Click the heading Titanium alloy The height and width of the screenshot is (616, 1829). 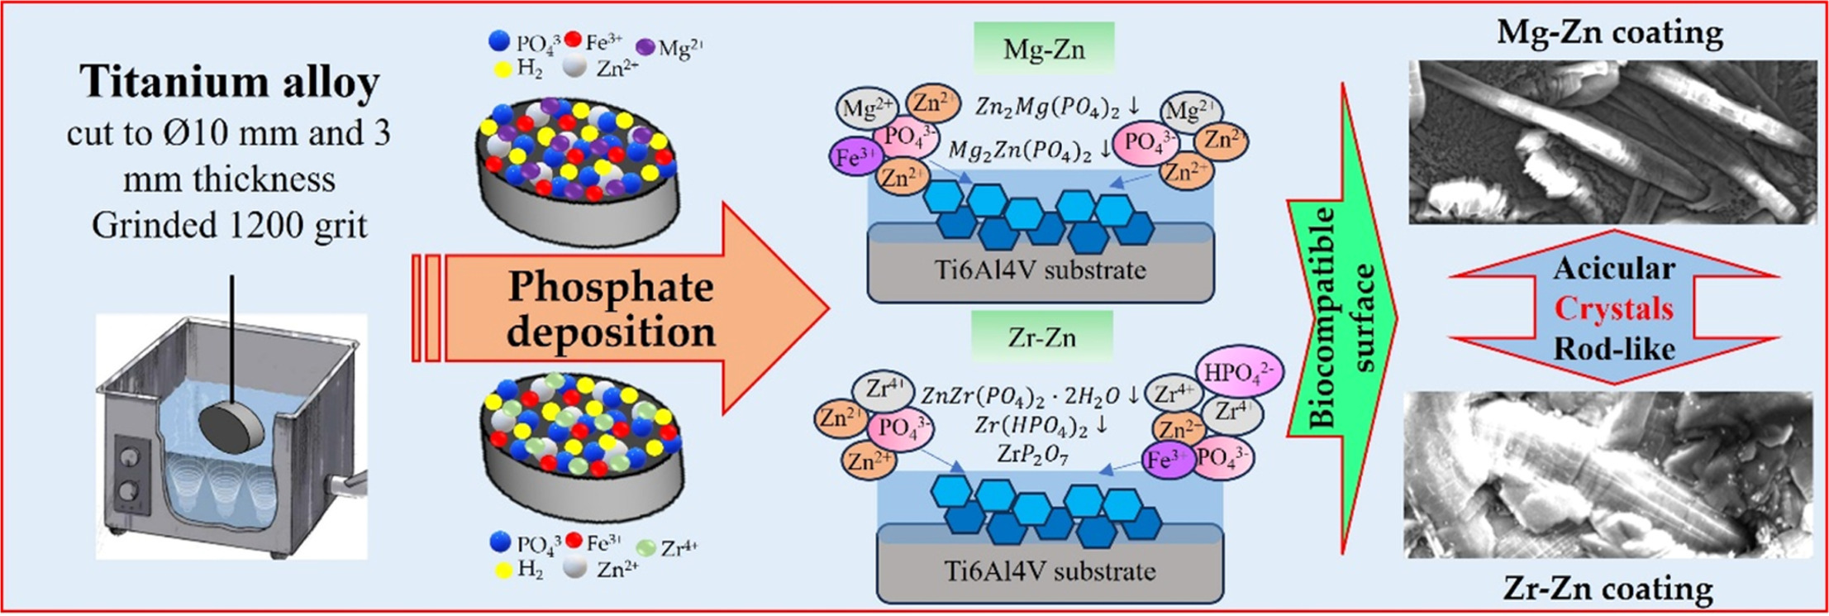(x=229, y=82)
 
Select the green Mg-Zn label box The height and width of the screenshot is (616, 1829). (x=1044, y=49)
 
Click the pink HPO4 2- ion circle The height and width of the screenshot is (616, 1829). (x=1237, y=373)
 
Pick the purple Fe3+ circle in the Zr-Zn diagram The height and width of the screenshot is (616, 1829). (x=1168, y=460)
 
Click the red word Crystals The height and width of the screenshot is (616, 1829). (x=1612, y=308)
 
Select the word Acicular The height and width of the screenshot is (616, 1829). (x=1613, y=268)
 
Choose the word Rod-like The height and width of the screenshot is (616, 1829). (x=1613, y=348)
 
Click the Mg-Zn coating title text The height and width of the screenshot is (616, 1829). (x=1609, y=32)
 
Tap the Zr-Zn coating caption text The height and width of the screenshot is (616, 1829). (x=1607, y=588)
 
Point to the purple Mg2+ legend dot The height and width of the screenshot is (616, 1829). (x=645, y=48)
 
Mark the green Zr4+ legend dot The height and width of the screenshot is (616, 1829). (x=647, y=547)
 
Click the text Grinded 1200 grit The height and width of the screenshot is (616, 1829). (x=229, y=225)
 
